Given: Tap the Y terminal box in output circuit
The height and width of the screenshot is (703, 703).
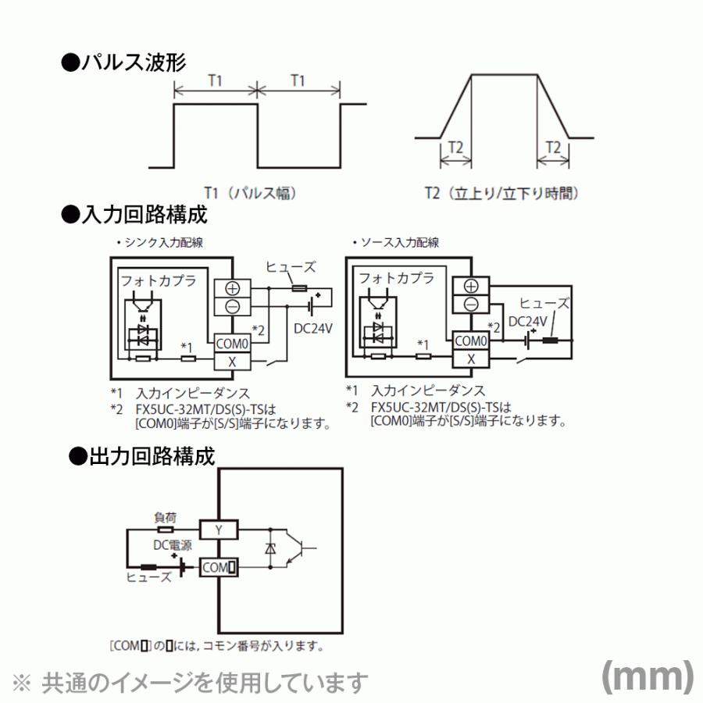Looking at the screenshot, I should click(x=219, y=530).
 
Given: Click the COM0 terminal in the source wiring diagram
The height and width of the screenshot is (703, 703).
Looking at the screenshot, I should click(x=471, y=341).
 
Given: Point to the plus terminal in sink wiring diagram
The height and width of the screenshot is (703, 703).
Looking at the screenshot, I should click(x=232, y=287).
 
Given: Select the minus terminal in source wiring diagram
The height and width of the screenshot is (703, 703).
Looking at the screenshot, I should click(x=471, y=305).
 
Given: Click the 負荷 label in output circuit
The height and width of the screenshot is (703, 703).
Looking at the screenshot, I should click(x=165, y=516).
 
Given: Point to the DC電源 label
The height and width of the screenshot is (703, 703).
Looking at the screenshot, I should click(x=171, y=546).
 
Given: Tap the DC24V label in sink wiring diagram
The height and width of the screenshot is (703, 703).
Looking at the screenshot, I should click(x=313, y=328).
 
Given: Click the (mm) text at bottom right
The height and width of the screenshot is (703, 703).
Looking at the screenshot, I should click(x=647, y=676).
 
